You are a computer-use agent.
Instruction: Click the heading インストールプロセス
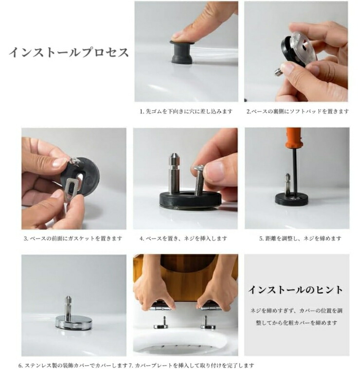69,52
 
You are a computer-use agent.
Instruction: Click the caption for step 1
186,111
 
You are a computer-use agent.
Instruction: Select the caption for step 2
297,111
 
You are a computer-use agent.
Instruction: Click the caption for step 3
73,238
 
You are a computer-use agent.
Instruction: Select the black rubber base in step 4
190,198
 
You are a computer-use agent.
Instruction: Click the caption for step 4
183,238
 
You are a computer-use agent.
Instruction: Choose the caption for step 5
300,238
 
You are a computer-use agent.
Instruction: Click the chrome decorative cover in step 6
73,322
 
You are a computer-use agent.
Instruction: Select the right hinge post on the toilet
206,322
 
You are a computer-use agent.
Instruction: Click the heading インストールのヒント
295,290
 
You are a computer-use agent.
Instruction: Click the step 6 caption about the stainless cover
73,366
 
